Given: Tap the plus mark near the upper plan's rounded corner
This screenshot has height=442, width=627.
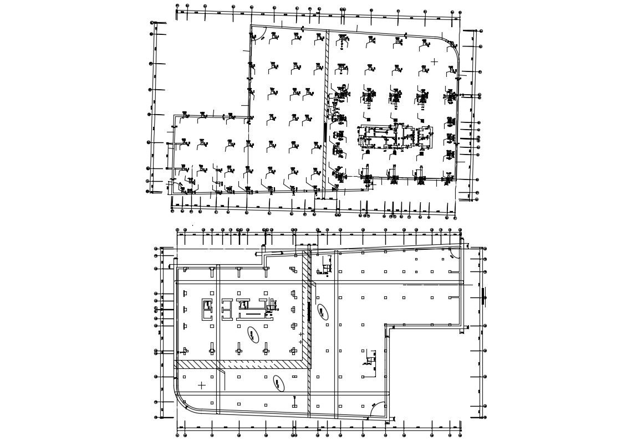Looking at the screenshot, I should pos(434,61).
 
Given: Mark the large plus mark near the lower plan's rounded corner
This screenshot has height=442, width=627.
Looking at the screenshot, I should pos(201,385).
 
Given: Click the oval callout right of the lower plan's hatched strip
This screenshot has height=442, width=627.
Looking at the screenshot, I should pos(322,312).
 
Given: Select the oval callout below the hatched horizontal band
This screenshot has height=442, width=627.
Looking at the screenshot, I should pos(278,383).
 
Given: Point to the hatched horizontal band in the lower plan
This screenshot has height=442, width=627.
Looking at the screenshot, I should pos(241,364).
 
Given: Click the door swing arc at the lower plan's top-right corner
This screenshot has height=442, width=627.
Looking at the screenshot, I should pos(454,253).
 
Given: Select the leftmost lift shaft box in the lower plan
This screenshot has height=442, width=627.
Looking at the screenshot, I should pos(207,309).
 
